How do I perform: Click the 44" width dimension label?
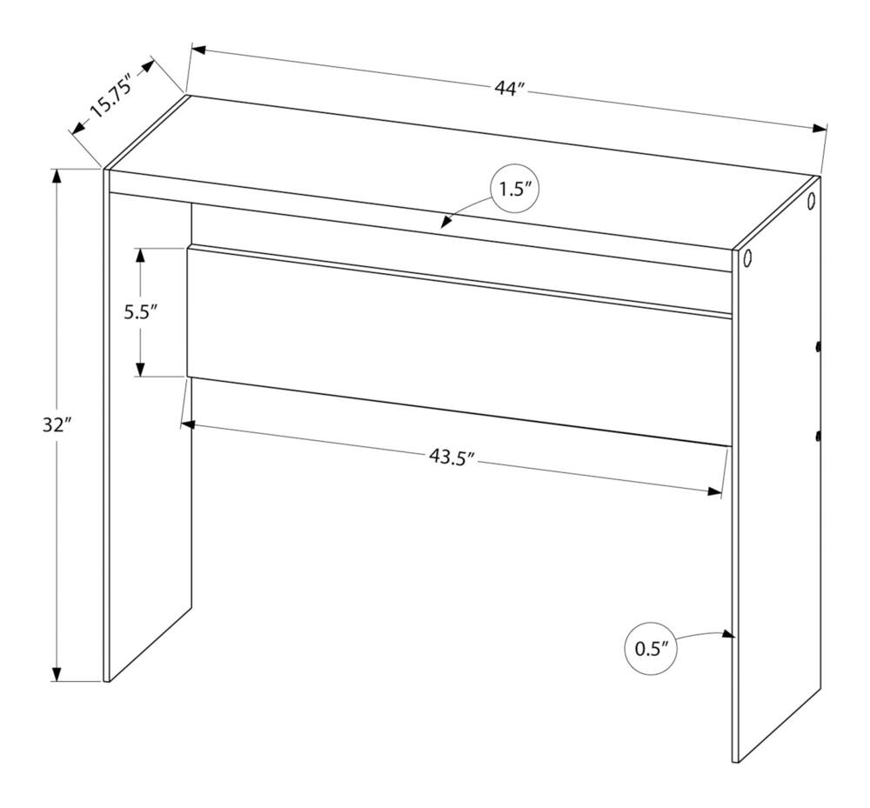tap(509, 89)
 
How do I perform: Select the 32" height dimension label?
tap(57, 425)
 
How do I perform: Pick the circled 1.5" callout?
tap(515, 190)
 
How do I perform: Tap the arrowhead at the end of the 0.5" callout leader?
tap(727, 634)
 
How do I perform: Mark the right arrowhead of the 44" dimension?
tap(820, 129)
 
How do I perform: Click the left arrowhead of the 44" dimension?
tap(198, 50)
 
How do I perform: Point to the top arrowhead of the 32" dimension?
tap(57, 177)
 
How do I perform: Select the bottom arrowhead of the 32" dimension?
tap(57, 673)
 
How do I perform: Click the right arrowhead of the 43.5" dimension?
tap(714, 492)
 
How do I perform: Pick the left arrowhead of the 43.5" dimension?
tap(189, 424)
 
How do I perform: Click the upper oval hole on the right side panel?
tap(812, 200)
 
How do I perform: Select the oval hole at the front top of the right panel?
tap(746, 257)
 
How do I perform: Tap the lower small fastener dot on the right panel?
tap(818, 437)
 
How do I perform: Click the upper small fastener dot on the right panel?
tap(818, 348)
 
